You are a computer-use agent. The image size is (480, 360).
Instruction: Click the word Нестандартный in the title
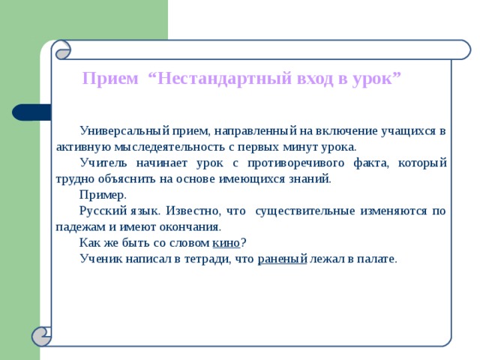225,78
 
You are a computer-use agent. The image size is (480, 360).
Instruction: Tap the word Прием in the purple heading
110,78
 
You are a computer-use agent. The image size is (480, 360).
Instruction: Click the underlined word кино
226,243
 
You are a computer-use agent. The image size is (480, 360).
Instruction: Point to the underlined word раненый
282,259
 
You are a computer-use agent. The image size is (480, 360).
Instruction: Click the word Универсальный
124,131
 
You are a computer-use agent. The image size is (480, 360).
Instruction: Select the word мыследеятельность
169,147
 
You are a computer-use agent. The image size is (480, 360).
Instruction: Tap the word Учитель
103,163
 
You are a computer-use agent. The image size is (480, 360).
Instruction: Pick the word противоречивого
295,163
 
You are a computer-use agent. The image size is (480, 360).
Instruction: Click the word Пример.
103,195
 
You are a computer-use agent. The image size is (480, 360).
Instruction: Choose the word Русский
103,211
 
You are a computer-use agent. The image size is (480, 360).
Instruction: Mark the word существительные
305,211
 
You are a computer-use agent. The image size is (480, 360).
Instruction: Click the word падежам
80,227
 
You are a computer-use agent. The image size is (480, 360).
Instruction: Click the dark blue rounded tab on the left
31,112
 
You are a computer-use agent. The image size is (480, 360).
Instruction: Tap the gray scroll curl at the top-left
63,50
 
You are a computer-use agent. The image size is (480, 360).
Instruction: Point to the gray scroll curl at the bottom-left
41,337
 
